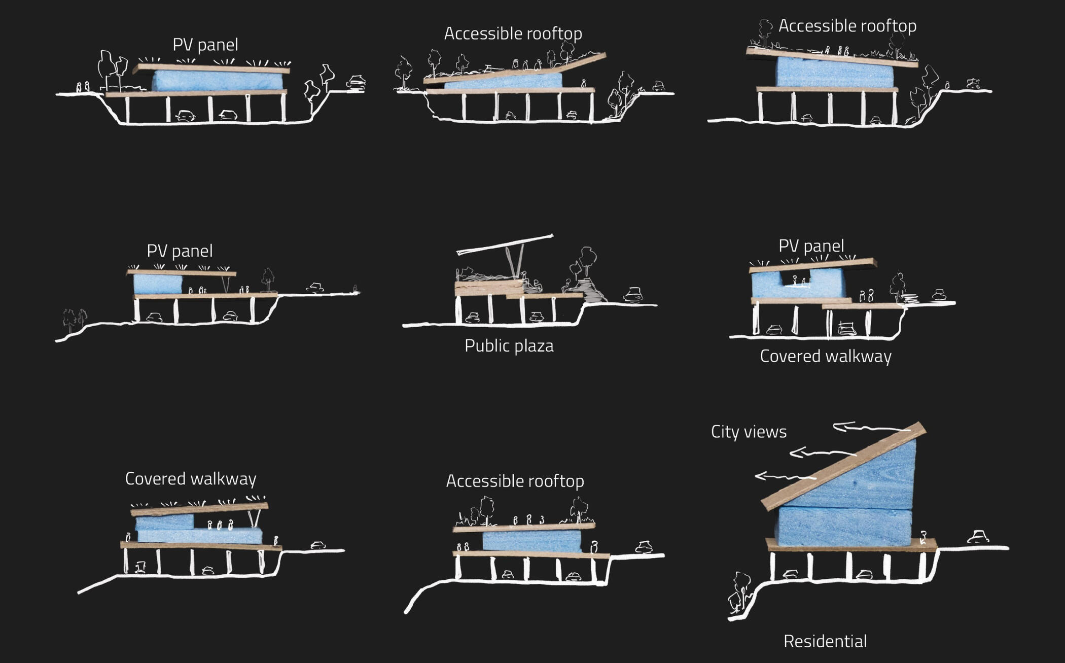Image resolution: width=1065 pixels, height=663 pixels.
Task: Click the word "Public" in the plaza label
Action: click(485, 346)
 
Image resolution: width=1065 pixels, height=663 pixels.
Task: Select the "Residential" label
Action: click(825, 641)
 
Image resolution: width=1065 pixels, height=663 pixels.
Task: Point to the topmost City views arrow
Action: click(872, 428)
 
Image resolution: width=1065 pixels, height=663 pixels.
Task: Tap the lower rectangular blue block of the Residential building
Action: click(844, 527)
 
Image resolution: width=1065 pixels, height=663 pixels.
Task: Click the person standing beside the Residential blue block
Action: click(924, 537)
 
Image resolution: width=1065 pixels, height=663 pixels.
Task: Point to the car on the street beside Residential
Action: click(978, 537)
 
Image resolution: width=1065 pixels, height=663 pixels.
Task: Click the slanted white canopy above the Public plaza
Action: click(505, 244)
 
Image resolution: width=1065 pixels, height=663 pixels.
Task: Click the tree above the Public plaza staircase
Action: click(586, 261)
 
